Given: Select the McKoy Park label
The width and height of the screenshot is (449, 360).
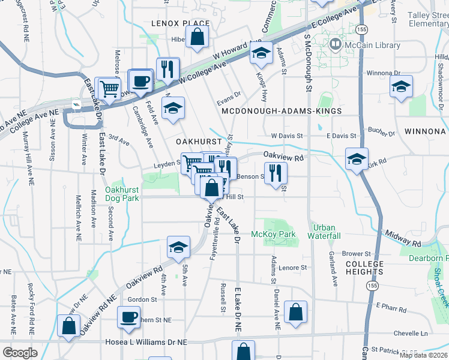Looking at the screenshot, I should tap(273, 234).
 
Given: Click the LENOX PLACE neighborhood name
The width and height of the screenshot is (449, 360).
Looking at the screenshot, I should tap(180, 23).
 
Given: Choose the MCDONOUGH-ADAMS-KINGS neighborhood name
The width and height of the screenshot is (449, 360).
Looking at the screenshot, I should tap(281, 112).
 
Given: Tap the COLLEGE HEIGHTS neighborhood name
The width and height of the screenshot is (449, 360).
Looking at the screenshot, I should tap(364, 268).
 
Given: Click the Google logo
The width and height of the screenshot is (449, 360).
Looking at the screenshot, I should tap(20, 353).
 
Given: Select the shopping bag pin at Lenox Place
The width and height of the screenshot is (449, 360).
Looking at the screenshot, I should tap(197, 37).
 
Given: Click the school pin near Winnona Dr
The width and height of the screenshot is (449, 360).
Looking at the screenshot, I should tap(401, 86).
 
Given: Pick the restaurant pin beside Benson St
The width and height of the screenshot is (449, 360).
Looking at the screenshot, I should tap(276, 172).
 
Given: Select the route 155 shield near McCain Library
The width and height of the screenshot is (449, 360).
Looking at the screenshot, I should tap(361, 29).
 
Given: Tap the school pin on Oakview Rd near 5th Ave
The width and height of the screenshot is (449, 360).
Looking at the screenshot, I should tap(178, 247).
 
